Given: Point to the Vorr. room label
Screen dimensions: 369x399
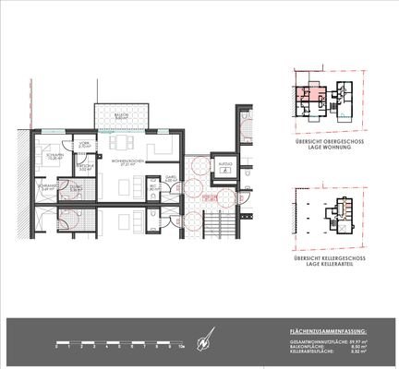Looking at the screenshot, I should [x=84, y=145].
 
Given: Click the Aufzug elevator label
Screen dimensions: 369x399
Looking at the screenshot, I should [x=224, y=159].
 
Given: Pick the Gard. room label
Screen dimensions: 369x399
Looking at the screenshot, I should [x=171, y=178].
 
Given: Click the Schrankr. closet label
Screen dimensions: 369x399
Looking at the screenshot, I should [x=49, y=187].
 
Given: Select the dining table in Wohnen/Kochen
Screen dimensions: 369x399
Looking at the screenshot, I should [x=122, y=143].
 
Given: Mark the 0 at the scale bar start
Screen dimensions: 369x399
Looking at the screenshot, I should [x=57, y=347].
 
